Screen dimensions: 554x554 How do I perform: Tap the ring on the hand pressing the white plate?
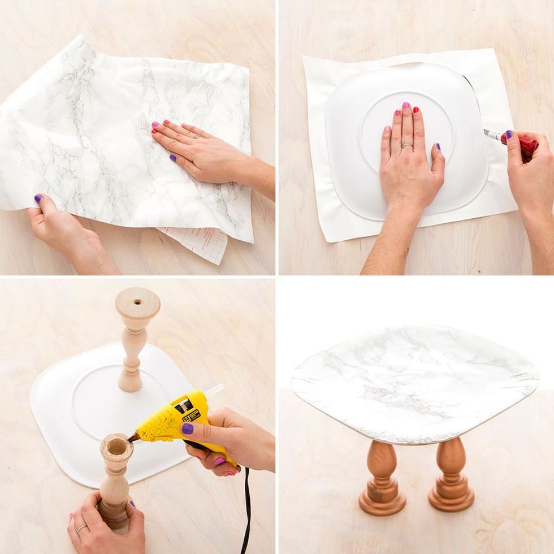click(x=407, y=145)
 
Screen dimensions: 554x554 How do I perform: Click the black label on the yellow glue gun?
click(x=187, y=405)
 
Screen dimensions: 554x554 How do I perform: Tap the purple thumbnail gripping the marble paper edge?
click(x=38, y=198)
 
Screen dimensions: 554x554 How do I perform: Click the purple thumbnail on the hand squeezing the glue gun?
click(x=188, y=429)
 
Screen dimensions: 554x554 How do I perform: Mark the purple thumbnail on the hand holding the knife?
click(x=509, y=135)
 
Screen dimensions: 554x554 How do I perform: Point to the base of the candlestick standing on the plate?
click(x=129, y=384)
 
